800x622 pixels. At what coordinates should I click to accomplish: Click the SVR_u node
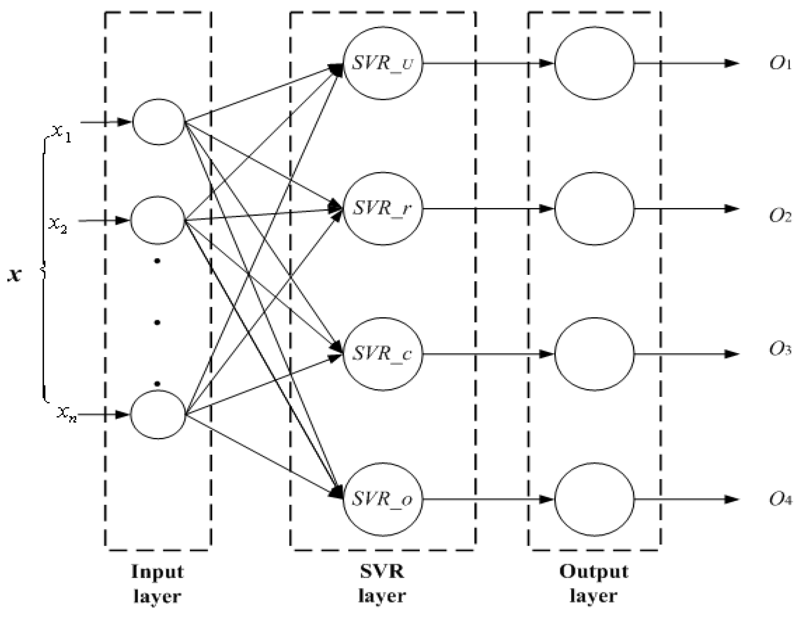pyautogui.click(x=383, y=63)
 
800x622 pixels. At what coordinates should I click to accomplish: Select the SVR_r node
pyautogui.click(x=383, y=208)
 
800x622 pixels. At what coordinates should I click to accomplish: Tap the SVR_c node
pyautogui.click(x=383, y=354)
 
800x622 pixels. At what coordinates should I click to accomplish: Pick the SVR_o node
pyautogui.click(x=383, y=499)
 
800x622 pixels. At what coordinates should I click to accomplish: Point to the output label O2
pyautogui.click(x=780, y=216)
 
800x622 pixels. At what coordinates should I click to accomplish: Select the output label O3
pyautogui.click(x=780, y=350)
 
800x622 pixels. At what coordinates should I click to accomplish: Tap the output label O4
pyautogui.click(x=780, y=499)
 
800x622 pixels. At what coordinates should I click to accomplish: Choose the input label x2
pyautogui.click(x=58, y=225)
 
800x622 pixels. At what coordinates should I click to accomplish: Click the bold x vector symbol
pyautogui.click(x=14, y=275)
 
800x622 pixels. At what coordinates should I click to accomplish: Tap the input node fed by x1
pyautogui.click(x=158, y=122)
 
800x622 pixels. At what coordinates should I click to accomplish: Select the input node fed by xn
pyautogui.click(x=157, y=415)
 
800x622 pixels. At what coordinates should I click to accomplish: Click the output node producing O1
pyautogui.click(x=594, y=63)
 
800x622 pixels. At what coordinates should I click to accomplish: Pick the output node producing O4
pyautogui.click(x=594, y=499)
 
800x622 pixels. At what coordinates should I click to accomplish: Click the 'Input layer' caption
pyautogui.click(x=157, y=584)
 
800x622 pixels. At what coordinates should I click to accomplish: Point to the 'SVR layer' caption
pyautogui.click(x=382, y=584)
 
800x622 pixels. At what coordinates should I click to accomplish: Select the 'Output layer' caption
pyautogui.click(x=594, y=584)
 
